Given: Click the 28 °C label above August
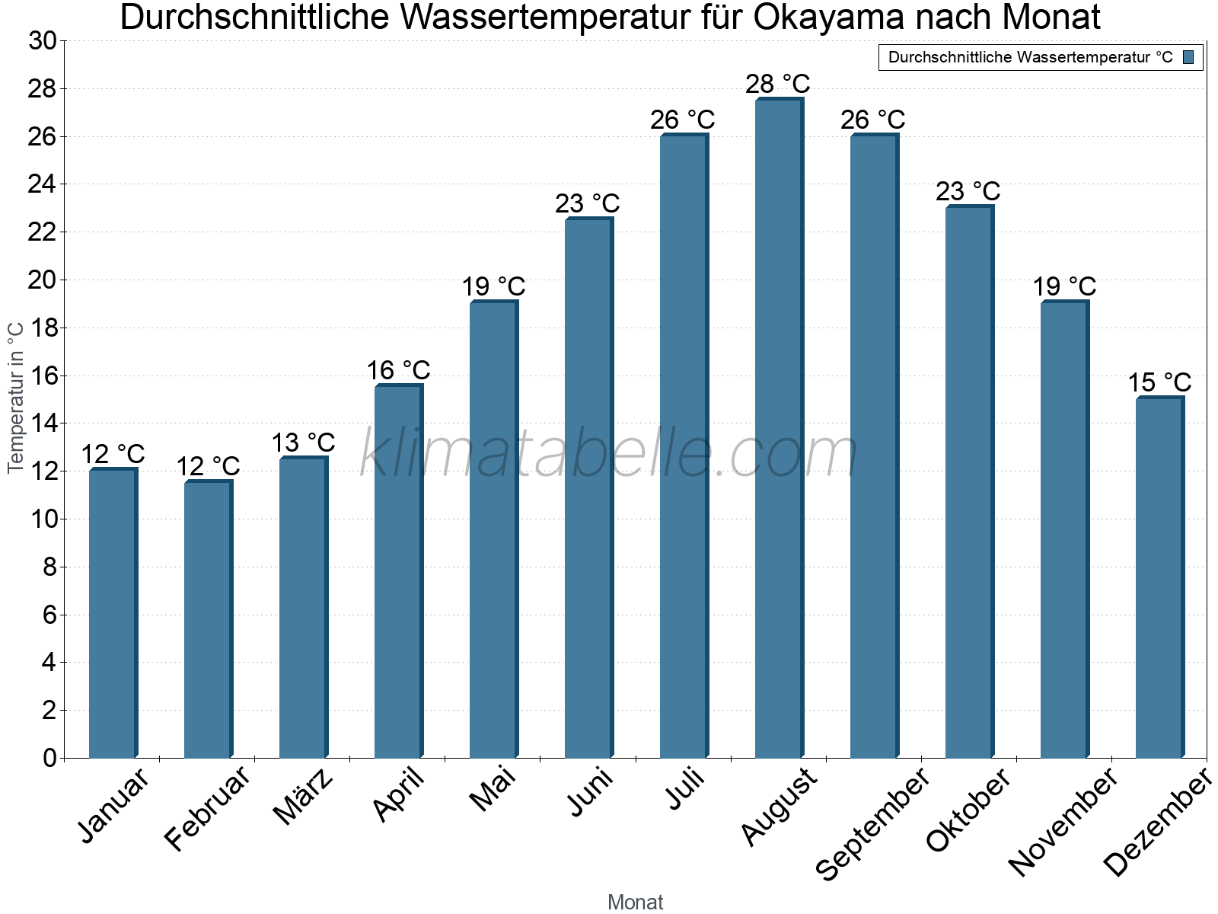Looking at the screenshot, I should [778, 83].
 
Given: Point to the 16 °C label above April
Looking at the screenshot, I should [398, 370].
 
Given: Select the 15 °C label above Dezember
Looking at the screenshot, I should [1159, 382].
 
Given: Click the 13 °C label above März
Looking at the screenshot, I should [303, 442].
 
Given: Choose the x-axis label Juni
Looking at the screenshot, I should [591, 792].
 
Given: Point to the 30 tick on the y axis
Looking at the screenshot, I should [43, 41].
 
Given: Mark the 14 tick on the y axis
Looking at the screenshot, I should [43, 423].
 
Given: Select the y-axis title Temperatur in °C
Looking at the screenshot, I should [16, 398].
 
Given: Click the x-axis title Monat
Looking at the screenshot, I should [635, 902].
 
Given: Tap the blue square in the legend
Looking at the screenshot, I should [1188, 57].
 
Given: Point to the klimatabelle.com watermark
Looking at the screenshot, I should [609, 453].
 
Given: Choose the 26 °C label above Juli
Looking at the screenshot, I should [683, 120].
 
